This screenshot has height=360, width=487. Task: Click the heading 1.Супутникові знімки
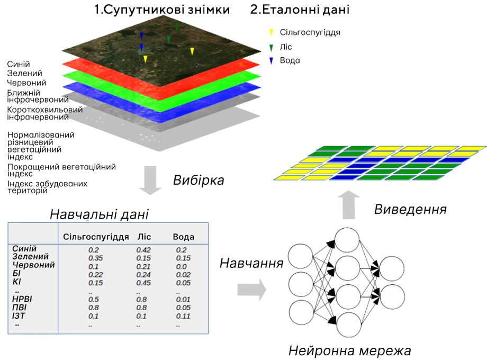(162, 10)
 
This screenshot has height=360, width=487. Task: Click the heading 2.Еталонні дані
(300, 10)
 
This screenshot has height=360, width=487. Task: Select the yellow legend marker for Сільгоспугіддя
(271, 32)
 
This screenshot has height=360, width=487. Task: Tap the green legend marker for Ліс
(271, 48)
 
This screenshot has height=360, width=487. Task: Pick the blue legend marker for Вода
(271, 60)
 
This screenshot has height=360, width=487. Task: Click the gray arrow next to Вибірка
(150, 181)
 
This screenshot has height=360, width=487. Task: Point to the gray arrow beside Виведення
(349, 205)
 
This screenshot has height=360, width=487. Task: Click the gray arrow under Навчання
(252, 290)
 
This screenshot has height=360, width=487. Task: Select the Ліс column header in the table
(144, 237)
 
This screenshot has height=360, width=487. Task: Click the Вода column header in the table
(184, 237)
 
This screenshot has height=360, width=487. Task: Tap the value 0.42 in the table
(143, 250)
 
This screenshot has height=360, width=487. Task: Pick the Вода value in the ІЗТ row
(183, 316)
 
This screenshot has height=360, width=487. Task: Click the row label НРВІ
(22, 299)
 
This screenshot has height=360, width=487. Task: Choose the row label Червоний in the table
(33, 265)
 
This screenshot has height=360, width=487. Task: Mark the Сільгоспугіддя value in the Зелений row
(95, 258)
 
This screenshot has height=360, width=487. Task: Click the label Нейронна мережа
(350, 350)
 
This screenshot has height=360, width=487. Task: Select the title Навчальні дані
(99, 214)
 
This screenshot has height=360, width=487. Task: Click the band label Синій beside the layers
(19, 64)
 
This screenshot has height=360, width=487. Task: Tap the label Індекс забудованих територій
(48, 187)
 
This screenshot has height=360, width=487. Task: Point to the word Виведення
(410, 209)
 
